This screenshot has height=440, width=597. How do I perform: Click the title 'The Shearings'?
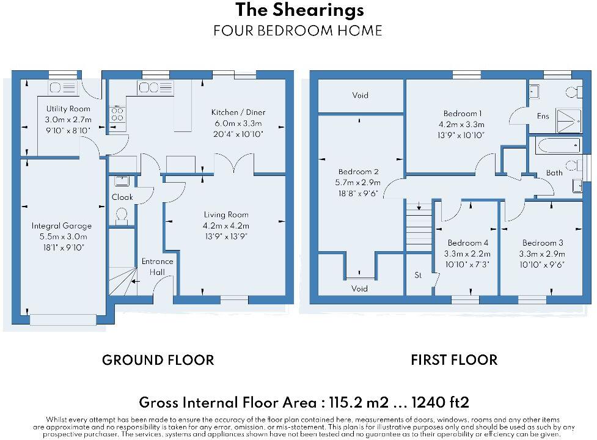(x=299, y=10)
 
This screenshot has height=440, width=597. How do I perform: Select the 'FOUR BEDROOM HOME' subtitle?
(x=298, y=31)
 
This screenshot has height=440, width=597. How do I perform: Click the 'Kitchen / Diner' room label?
(x=238, y=112)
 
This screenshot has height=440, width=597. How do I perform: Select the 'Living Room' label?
(x=226, y=215)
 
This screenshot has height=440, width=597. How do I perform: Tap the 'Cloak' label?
(x=122, y=197)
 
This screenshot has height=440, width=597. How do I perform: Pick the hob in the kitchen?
(x=117, y=114)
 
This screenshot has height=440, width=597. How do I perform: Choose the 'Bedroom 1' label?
(x=463, y=114)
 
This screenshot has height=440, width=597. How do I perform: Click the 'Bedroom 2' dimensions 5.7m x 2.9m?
(x=360, y=183)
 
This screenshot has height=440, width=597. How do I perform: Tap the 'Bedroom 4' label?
(x=468, y=243)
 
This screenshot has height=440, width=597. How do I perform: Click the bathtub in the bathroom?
(x=557, y=145)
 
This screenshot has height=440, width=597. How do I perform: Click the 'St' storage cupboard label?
(x=419, y=275)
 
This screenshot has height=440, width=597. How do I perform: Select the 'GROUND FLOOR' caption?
(x=158, y=360)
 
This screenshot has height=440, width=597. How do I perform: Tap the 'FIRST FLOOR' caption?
(x=454, y=360)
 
